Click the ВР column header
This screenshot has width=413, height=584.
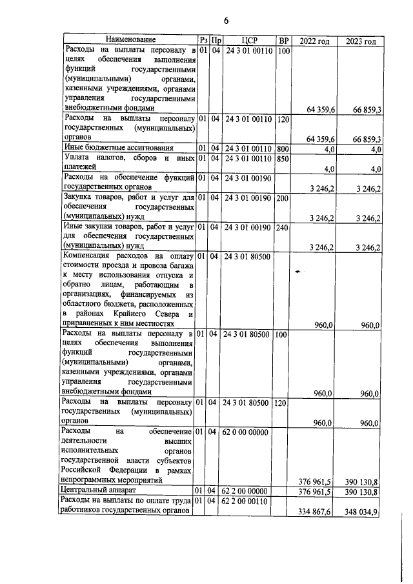283,41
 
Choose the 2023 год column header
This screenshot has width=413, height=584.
361,41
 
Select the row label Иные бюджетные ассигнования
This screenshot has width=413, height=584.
110,148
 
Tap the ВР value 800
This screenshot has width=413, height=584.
283,148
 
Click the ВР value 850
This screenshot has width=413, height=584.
283,158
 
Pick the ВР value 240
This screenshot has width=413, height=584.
283,227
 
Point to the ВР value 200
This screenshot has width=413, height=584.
283,197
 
